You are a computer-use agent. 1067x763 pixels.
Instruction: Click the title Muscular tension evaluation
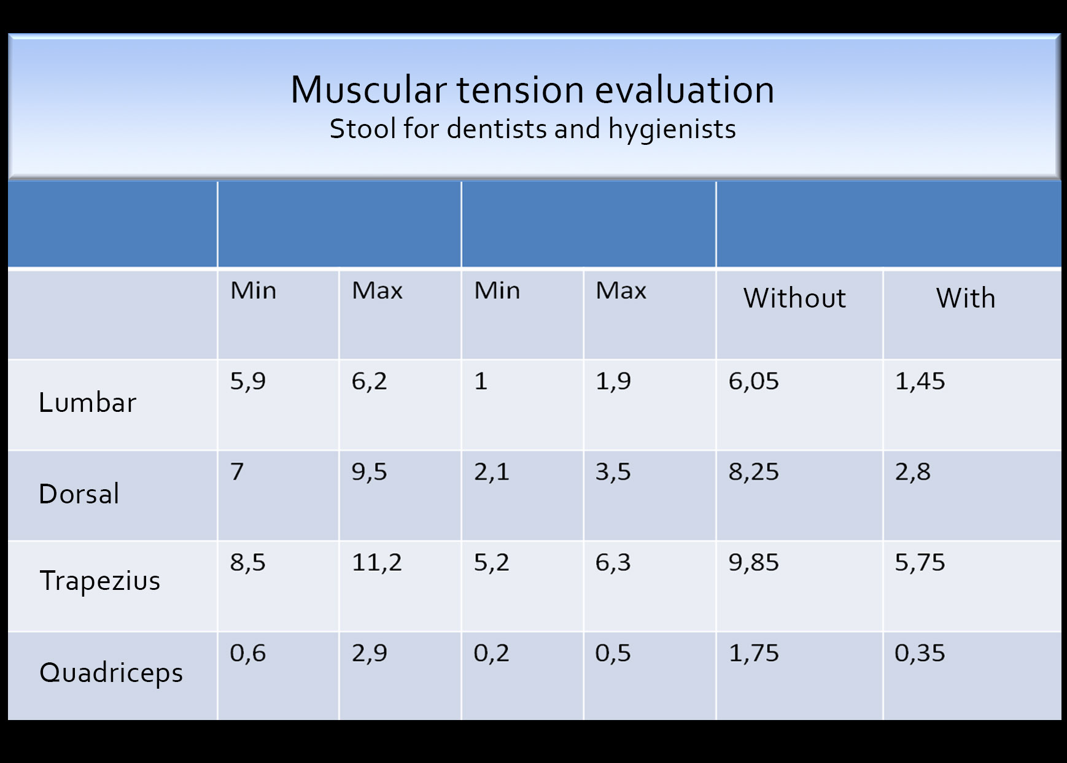pos(532,90)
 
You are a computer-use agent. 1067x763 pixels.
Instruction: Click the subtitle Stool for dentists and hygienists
pos(532,129)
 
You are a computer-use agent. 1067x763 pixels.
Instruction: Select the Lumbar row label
pos(87,403)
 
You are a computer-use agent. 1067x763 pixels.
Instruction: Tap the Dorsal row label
pos(79,494)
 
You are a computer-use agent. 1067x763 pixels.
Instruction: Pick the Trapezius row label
pos(99,581)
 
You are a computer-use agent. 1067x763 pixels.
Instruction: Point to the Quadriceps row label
pos(111,673)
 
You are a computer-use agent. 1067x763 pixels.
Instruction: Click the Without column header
pos(794,298)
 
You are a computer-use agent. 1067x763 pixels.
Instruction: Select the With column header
pos(966,298)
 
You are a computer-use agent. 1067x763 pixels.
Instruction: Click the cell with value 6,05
pos(753,381)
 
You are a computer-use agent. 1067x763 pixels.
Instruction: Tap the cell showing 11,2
pos(376,562)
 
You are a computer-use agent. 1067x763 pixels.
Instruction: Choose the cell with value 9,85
pos(753,562)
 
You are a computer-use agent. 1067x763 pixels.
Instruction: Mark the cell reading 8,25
pos(753,472)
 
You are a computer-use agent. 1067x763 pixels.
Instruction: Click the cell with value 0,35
pos(919,653)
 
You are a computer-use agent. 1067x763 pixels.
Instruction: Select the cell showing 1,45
pos(920,381)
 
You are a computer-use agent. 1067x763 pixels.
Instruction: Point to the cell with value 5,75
pos(920,562)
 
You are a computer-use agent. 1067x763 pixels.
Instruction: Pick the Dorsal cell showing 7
pos(237,472)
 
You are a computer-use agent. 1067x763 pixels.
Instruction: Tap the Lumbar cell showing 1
pos(481,381)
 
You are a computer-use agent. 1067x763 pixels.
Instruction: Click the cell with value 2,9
pos(369,653)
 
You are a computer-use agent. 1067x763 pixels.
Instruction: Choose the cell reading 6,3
pos(613,562)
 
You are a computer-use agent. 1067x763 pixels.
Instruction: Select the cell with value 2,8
pos(912,472)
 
